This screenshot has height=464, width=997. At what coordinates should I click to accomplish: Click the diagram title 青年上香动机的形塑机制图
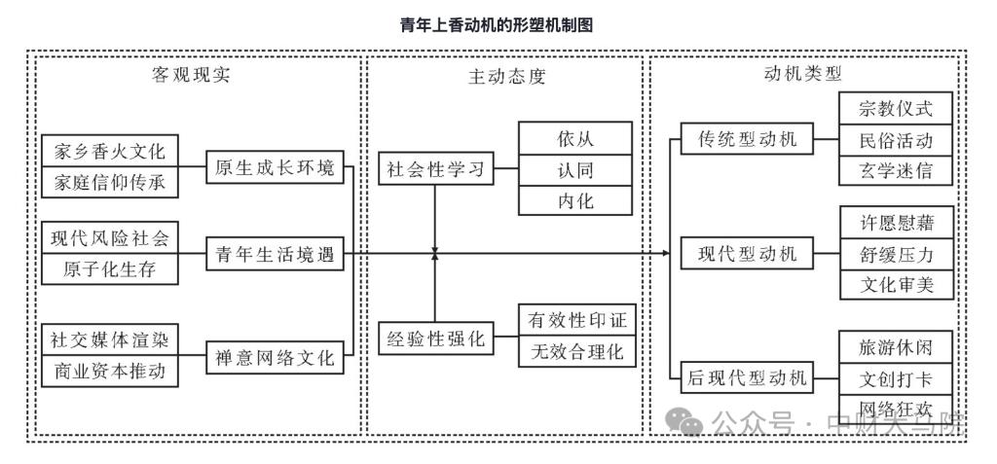point(498,25)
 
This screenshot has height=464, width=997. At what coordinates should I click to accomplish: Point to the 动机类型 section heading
point(803,73)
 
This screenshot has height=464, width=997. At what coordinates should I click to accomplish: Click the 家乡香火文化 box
point(109,153)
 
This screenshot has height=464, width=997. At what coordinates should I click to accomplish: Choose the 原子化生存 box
point(109,268)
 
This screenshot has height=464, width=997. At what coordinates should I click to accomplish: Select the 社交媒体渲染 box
point(109,340)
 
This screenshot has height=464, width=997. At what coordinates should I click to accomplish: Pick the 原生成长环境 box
point(274,167)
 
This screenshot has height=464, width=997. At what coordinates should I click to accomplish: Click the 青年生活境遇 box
point(274,255)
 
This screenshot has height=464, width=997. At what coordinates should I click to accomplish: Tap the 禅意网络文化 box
point(274,358)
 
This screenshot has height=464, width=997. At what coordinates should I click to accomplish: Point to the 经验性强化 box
point(435,341)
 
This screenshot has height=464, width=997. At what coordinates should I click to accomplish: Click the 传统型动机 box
point(748,139)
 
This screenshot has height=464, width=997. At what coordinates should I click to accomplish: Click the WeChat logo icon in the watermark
point(690,423)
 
